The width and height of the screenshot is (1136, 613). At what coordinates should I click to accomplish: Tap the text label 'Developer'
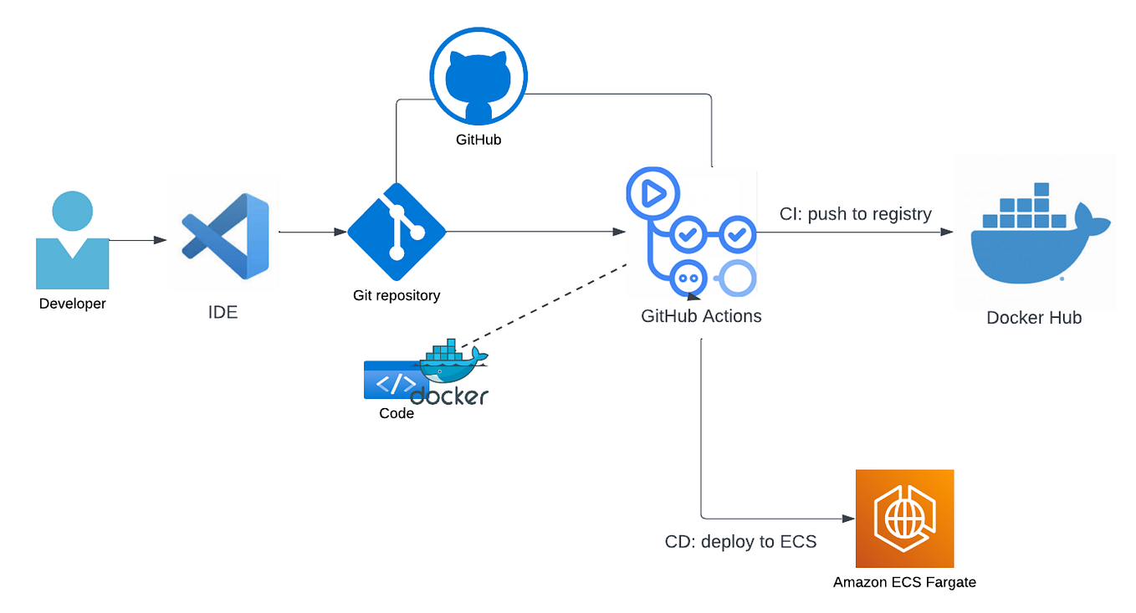pos(73,304)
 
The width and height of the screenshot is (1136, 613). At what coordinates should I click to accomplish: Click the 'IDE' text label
pos(223,313)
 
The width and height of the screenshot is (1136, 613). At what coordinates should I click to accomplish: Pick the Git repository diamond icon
pos(397,232)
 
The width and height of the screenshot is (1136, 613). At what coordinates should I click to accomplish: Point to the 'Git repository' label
pos(397,295)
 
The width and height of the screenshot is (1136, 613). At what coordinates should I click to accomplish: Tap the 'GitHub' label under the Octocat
pos(478,140)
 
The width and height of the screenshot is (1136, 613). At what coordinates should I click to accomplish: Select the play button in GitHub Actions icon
pos(651,194)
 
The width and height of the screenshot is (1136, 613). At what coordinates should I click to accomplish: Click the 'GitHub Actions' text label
pos(701,316)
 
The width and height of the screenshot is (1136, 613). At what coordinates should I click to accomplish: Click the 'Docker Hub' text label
pos(1034,318)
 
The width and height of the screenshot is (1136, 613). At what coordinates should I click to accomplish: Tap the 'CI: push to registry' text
pos(855,214)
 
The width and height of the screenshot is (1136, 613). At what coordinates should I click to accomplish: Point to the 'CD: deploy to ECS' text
pos(740,542)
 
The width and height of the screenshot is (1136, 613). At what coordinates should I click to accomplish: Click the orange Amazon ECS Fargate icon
pos(904,518)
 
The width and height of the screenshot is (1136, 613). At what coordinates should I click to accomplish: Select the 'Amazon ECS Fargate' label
pos(904,582)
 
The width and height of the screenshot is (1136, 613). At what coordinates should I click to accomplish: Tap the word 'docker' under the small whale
pos(449,396)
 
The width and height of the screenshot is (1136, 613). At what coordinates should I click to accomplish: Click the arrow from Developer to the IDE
pos(138,241)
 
